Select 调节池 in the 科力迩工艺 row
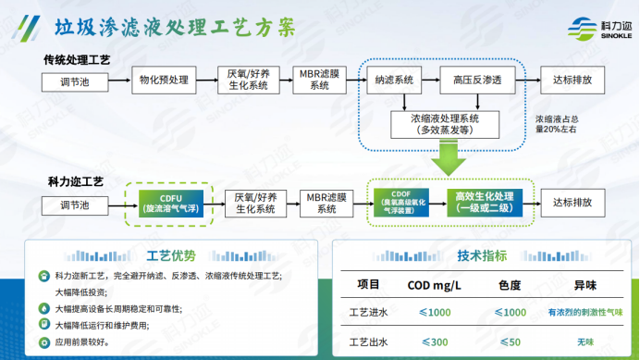click(77, 202)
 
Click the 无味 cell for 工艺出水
click(585, 341)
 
